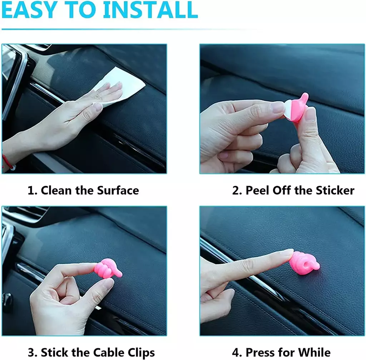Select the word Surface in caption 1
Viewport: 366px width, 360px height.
click(118, 190)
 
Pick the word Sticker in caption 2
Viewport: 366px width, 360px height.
click(335, 190)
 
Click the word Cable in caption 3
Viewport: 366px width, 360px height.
click(109, 352)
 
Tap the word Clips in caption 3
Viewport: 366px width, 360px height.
click(141, 353)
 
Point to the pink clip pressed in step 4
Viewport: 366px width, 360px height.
click(304, 263)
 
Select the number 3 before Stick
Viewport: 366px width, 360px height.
click(31, 352)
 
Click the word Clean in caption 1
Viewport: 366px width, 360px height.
click(56, 190)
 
